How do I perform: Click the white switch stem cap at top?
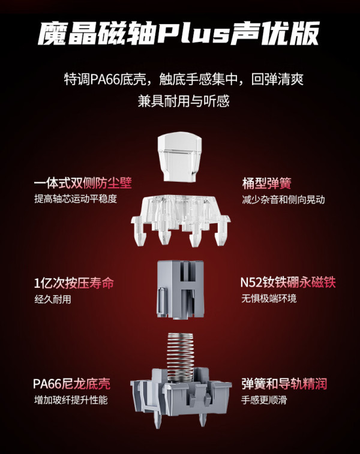point(179,157)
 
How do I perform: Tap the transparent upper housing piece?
point(181,220)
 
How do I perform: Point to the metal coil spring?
point(180,357)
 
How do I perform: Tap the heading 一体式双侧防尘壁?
point(83,183)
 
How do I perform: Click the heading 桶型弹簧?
point(267,183)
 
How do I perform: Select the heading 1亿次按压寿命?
point(74,283)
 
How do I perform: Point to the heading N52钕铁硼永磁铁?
point(288,282)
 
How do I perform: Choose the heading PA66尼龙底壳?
point(71,384)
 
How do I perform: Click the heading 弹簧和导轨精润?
point(284,384)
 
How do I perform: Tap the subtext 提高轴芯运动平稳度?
point(76,199)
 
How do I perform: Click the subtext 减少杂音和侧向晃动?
point(283,200)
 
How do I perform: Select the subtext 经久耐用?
point(53,299)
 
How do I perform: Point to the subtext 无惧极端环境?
point(269,298)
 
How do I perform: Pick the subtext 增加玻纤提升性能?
point(71,400)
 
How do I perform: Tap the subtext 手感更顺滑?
point(264,400)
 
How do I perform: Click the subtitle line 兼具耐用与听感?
point(184,101)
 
